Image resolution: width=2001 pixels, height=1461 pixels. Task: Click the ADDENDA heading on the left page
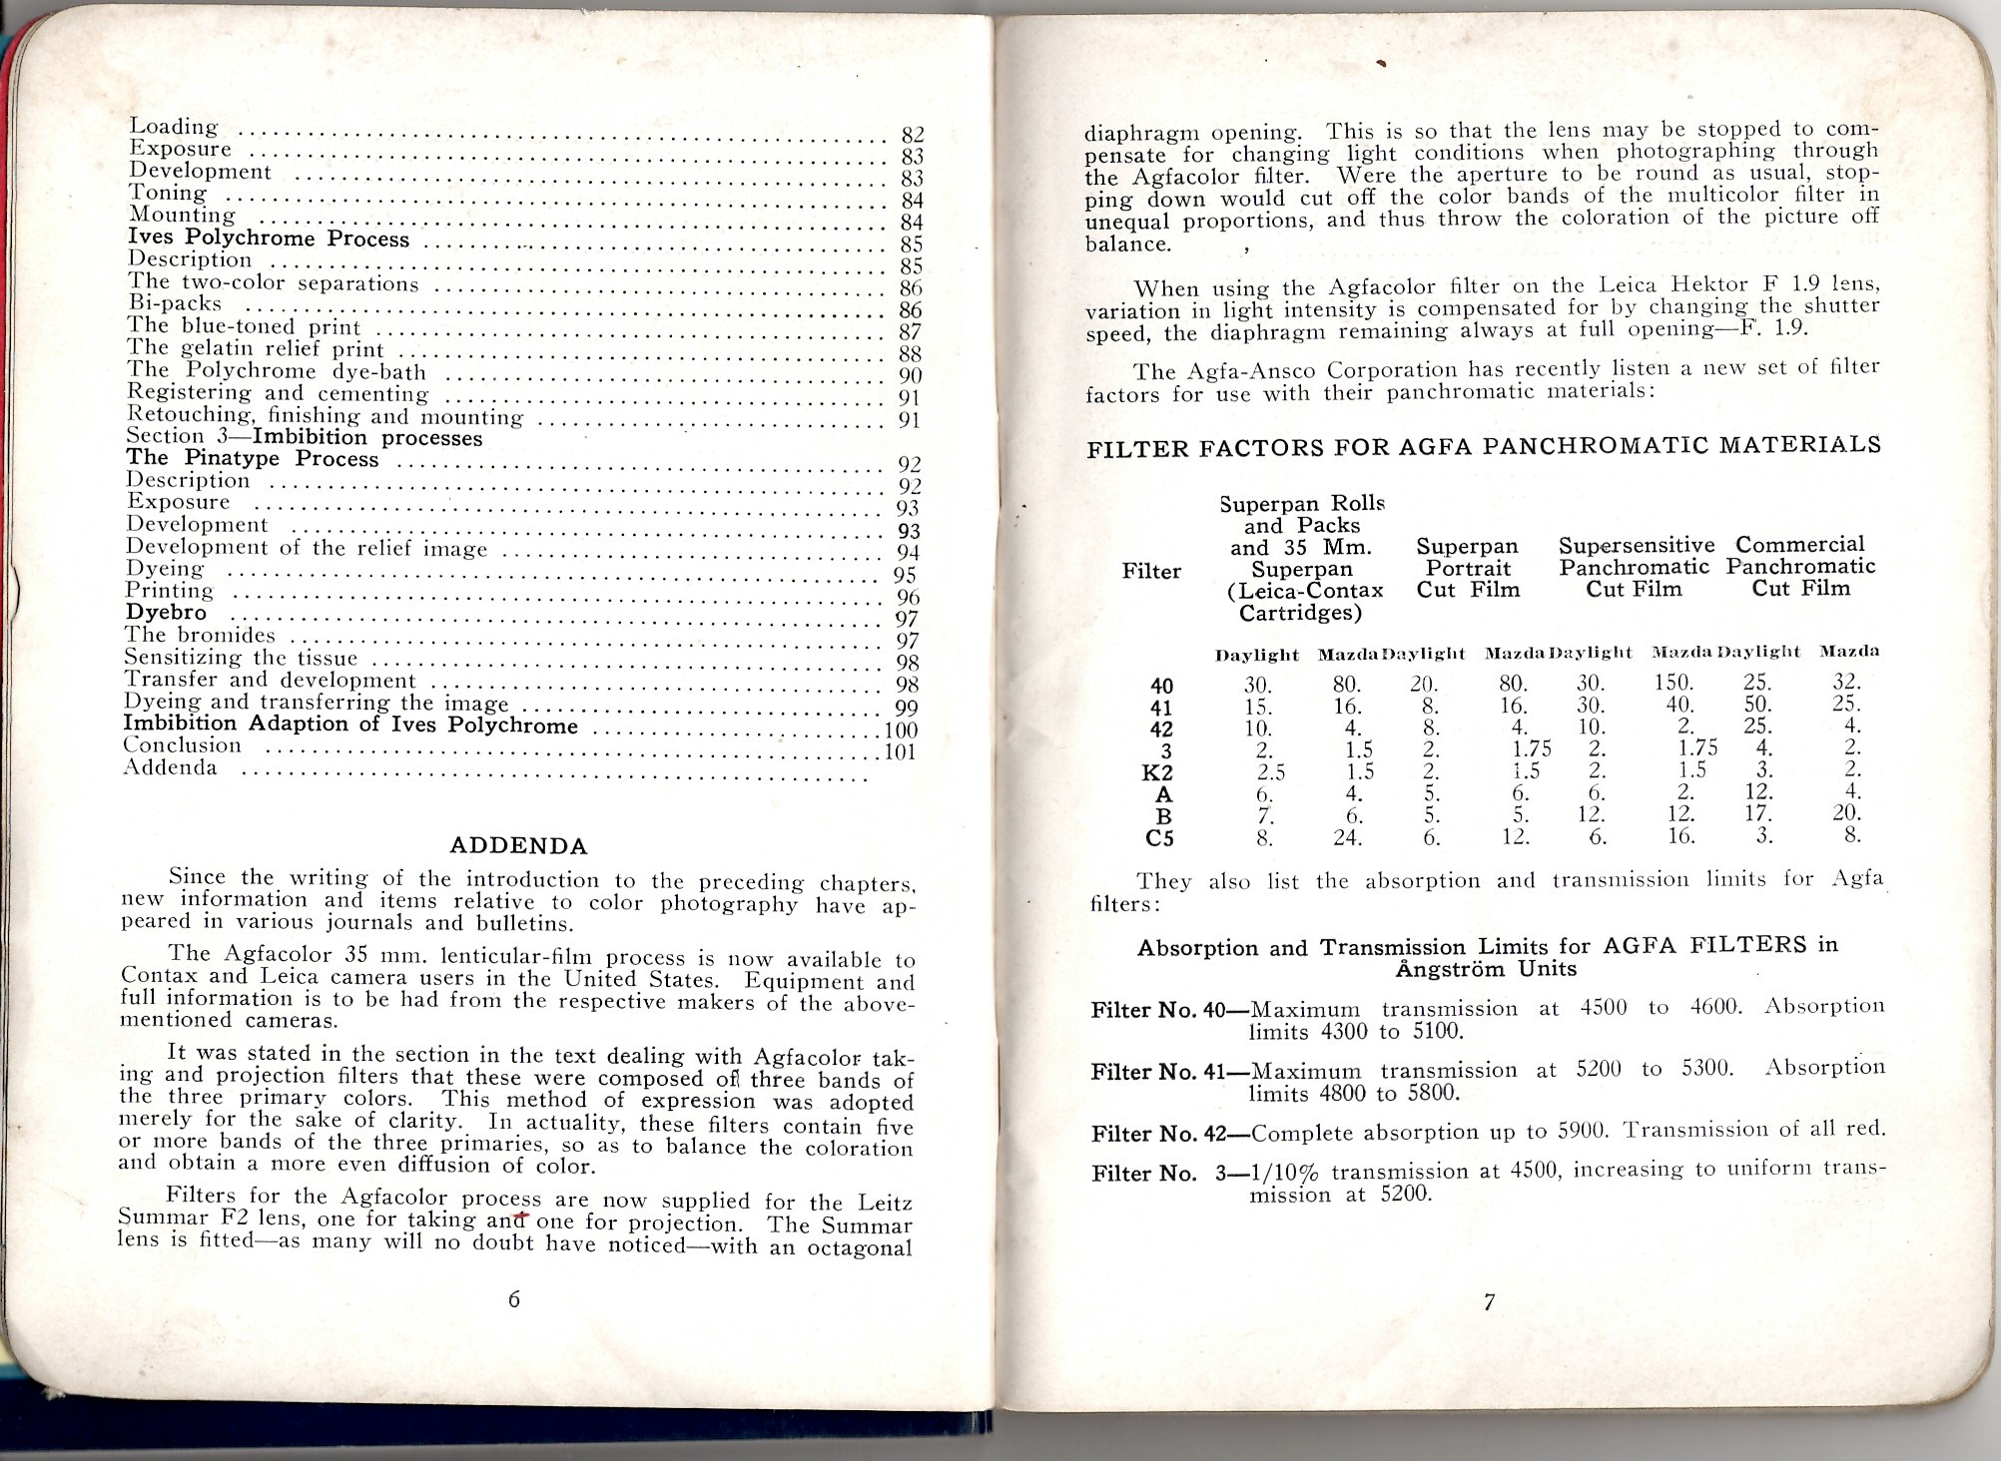click(x=518, y=846)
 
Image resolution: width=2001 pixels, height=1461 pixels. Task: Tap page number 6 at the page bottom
click(x=514, y=1299)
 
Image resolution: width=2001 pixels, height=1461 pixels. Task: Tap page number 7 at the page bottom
click(x=1489, y=1301)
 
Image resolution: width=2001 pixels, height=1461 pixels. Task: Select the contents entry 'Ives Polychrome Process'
click(x=269, y=239)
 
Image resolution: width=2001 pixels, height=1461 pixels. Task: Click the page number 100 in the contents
click(x=901, y=730)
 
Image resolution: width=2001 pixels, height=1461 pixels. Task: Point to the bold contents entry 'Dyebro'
click(x=166, y=613)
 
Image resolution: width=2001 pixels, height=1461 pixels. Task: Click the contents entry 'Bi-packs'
click(x=175, y=303)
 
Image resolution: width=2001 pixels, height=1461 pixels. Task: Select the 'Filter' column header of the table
click(x=1151, y=572)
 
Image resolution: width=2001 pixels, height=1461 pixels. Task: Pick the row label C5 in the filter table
click(x=1159, y=838)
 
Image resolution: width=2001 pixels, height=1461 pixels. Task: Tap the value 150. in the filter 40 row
click(x=1673, y=684)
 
